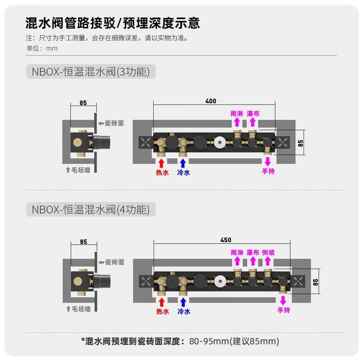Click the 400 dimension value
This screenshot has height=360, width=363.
(x=211, y=101)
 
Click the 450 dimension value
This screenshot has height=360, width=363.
(x=226, y=240)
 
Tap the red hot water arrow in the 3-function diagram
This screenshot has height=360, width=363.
(x=161, y=163)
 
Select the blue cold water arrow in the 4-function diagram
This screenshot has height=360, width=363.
(x=183, y=302)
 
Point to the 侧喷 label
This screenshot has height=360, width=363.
(x=268, y=252)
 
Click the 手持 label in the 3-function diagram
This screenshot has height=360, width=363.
(x=268, y=171)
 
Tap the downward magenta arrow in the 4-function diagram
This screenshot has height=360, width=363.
(x=283, y=301)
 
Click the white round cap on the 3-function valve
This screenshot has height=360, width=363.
(x=220, y=142)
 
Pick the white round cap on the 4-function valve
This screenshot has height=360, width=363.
(x=220, y=282)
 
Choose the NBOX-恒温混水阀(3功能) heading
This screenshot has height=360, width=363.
(x=91, y=71)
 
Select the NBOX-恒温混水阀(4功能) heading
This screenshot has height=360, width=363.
(x=91, y=210)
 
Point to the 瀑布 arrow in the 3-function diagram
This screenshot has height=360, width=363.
(x=253, y=122)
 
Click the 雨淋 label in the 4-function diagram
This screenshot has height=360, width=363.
(x=237, y=252)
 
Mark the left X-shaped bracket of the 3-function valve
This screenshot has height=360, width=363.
(x=146, y=142)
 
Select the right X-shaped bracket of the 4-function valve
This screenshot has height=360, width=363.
(x=298, y=282)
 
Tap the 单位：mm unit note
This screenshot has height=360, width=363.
(x=42, y=48)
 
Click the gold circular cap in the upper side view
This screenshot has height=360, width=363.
(x=78, y=142)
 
